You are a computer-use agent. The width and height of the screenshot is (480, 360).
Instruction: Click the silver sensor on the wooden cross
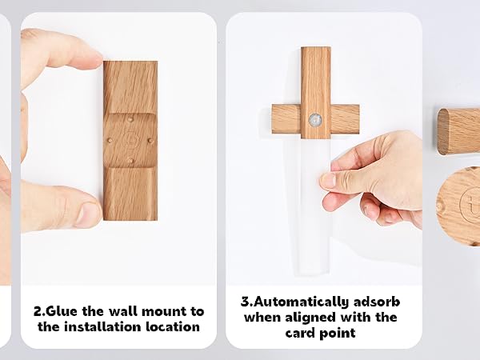click(x=315, y=120)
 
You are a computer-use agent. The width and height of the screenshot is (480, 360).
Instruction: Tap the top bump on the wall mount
click(x=130, y=119)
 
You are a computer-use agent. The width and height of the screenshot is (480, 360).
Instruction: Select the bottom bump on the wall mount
click(x=130, y=160)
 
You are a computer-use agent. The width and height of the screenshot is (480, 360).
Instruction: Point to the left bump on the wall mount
click(x=110, y=141)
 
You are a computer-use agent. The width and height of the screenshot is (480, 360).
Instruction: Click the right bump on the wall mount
click(x=150, y=141)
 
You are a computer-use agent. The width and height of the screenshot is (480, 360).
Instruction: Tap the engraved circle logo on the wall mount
click(x=130, y=140)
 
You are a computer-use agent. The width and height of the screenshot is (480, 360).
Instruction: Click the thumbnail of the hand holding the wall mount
click(x=118, y=149)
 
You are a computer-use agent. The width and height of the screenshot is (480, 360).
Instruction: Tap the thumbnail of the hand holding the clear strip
click(x=324, y=149)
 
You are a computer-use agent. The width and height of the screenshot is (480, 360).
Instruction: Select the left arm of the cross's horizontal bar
click(x=286, y=118)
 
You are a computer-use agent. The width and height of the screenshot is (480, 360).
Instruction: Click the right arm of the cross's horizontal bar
click(x=345, y=118)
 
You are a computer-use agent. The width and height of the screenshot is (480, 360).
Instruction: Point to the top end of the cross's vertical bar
click(x=316, y=48)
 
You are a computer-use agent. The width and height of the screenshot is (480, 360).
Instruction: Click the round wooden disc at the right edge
click(x=458, y=206)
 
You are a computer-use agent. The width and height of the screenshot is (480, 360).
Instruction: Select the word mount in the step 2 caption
click(x=165, y=312)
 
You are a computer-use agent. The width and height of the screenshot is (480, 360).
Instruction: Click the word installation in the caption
click(x=102, y=326)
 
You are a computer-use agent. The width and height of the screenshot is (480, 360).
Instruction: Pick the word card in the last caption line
click(x=299, y=333)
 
